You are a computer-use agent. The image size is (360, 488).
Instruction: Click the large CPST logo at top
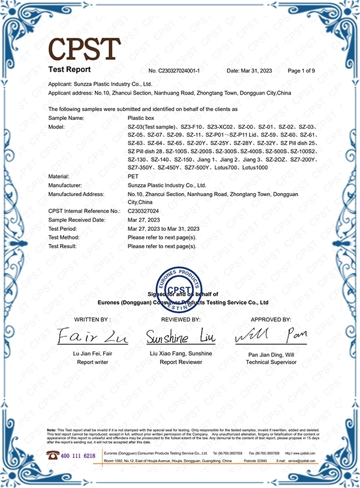click(85, 48)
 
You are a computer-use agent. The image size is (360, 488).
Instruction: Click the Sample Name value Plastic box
click(142, 119)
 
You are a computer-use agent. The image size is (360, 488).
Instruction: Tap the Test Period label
click(62, 229)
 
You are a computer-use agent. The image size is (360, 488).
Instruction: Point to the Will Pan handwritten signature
click(271, 336)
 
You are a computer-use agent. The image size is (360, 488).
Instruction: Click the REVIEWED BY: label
click(179, 320)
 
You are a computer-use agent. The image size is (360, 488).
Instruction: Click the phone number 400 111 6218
click(79, 456)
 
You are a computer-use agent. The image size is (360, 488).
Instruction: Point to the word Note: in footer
click(52, 430)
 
